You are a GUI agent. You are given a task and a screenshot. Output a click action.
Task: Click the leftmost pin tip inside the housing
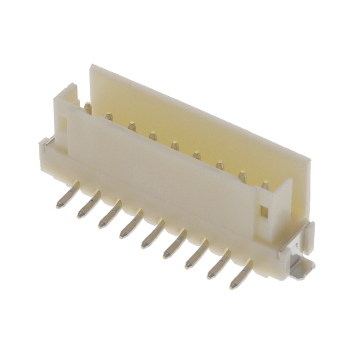click(x=88, y=107)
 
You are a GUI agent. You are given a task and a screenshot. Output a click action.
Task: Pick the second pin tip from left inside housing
click(x=109, y=117)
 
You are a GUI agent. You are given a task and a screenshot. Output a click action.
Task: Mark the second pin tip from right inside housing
click(x=242, y=176)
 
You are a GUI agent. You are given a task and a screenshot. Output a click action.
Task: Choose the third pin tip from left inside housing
click(x=132, y=126)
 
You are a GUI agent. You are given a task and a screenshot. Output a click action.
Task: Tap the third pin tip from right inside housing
click(x=219, y=166)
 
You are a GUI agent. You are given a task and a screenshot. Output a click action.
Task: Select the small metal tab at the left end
click(x=49, y=141)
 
